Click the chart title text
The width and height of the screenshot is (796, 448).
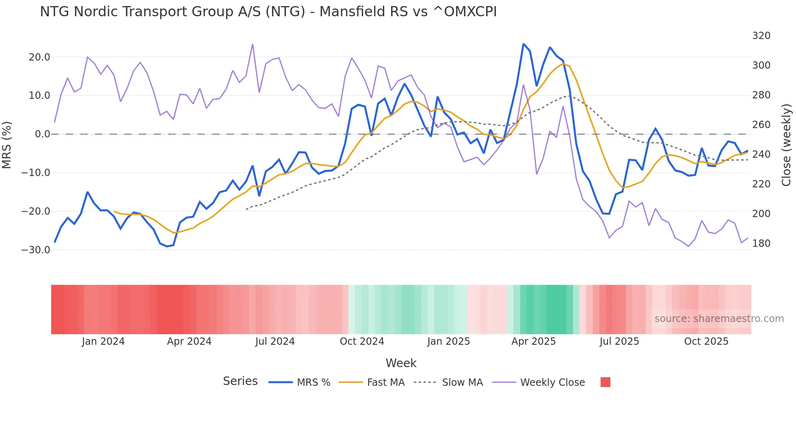(x=268, y=12)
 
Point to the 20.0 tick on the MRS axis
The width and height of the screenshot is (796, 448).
(x=39, y=57)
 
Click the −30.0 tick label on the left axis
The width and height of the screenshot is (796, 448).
(x=36, y=250)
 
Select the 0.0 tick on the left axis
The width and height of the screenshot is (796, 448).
(x=42, y=134)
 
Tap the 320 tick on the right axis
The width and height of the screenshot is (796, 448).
(x=761, y=36)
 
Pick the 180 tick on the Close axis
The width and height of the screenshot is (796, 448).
(x=761, y=244)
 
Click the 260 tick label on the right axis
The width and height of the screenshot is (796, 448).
(x=761, y=125)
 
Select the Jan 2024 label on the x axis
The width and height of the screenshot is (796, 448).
(x=103, y=341)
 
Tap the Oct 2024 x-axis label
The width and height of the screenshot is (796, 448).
(x=362, y=341)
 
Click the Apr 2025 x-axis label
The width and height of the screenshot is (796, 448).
(x=533, y=341)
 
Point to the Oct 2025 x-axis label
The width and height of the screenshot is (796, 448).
(x=706, y=341)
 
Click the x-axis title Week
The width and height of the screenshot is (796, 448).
(x=401, y=363)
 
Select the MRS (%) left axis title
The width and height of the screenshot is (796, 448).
(x=7, y=145)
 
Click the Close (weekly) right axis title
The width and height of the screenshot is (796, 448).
(x=786, y=145)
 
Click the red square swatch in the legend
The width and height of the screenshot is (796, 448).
(x=605, y=382)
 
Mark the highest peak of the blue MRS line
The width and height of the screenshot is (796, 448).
(x=523, y=44)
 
